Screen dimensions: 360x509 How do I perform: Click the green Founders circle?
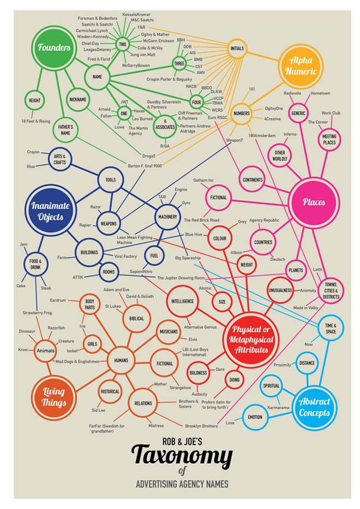click(54, 47)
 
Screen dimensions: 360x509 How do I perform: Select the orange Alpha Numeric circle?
click(301, 66)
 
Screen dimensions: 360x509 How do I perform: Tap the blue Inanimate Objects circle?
click(50, 211)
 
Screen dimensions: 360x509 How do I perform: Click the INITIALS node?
click(237, 49)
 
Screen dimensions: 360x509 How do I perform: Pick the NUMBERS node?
click(242, 113)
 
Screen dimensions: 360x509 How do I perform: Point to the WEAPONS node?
click(109, 224)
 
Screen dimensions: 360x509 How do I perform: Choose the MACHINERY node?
click(167, 217)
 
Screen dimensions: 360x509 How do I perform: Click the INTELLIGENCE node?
click(182, 302)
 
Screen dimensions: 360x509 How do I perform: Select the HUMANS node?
click(121, 360)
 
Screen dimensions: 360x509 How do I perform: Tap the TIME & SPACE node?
click(331, 328)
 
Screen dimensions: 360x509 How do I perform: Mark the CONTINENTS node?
click(253, 179)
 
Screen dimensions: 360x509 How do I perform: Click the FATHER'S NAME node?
click(65, 130)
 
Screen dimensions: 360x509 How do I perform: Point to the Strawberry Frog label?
click(37, 313)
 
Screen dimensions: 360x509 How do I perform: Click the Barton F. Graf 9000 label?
click(145, 165)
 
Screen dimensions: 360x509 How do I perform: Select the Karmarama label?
click(278, 408)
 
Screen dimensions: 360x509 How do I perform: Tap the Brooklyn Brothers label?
click(201, 426)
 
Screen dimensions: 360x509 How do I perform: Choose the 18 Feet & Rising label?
click(35, 121)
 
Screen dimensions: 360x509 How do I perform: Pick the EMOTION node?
click(255, 417)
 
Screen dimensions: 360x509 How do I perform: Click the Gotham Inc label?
click(203, 180)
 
